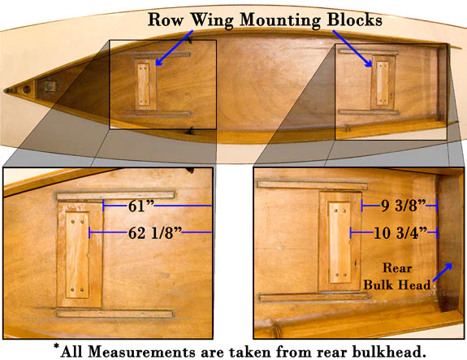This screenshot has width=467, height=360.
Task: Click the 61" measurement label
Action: coord(141,206)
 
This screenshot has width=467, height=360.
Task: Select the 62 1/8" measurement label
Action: coord(155,232)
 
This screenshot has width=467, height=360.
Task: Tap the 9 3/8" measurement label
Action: coord(404,206)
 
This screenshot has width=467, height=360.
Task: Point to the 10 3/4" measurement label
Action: coord(400,232)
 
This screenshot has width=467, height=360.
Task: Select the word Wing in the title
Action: coord(212,21)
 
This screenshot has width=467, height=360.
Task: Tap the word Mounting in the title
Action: coord(280,21)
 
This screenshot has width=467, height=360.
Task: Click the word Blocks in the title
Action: coord(354,20)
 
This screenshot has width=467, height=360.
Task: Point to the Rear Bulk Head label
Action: coord(397,276)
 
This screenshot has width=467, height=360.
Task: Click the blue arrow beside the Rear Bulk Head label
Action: coord(443,272)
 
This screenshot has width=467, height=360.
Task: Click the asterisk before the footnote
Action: coord(56,347)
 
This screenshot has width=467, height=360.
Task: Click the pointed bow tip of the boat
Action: coord(5,90)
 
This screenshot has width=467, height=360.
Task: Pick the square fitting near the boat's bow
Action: coord(50,86)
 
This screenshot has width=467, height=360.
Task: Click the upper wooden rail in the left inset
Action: coord(115,196)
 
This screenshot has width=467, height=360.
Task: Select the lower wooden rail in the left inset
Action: coord(115,314)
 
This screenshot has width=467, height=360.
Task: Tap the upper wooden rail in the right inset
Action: coord(313,185)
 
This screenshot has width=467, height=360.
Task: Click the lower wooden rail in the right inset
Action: coord(314,297)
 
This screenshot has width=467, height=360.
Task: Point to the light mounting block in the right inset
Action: coord(339,242)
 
